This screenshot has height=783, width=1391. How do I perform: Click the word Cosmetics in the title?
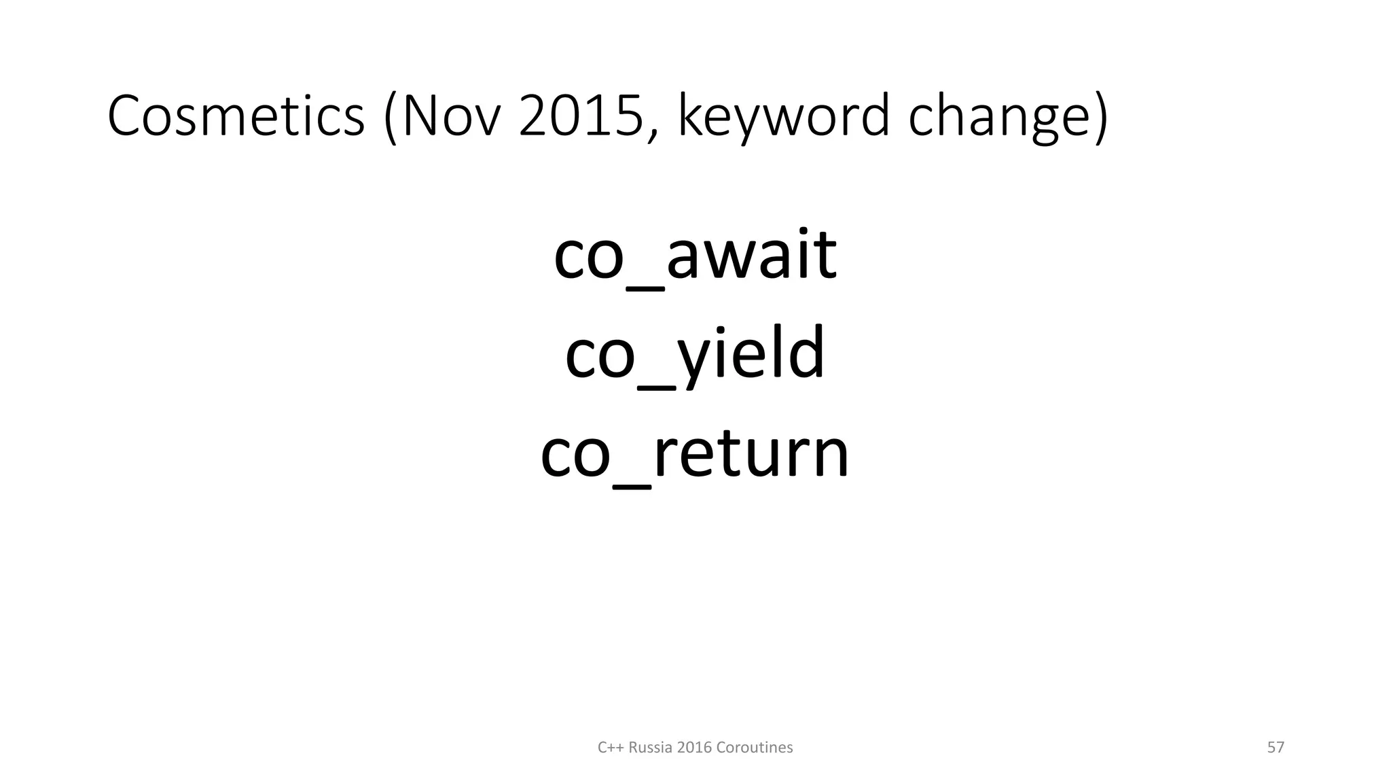point(236,116)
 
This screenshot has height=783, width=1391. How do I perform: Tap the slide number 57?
point(1276,748)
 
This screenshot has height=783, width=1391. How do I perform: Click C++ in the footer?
point(611,748)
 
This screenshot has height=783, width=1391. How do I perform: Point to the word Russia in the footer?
point(651,748)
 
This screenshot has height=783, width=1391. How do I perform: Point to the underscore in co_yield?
point(656,387)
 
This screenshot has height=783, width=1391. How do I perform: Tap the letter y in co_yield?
point(699,360)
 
